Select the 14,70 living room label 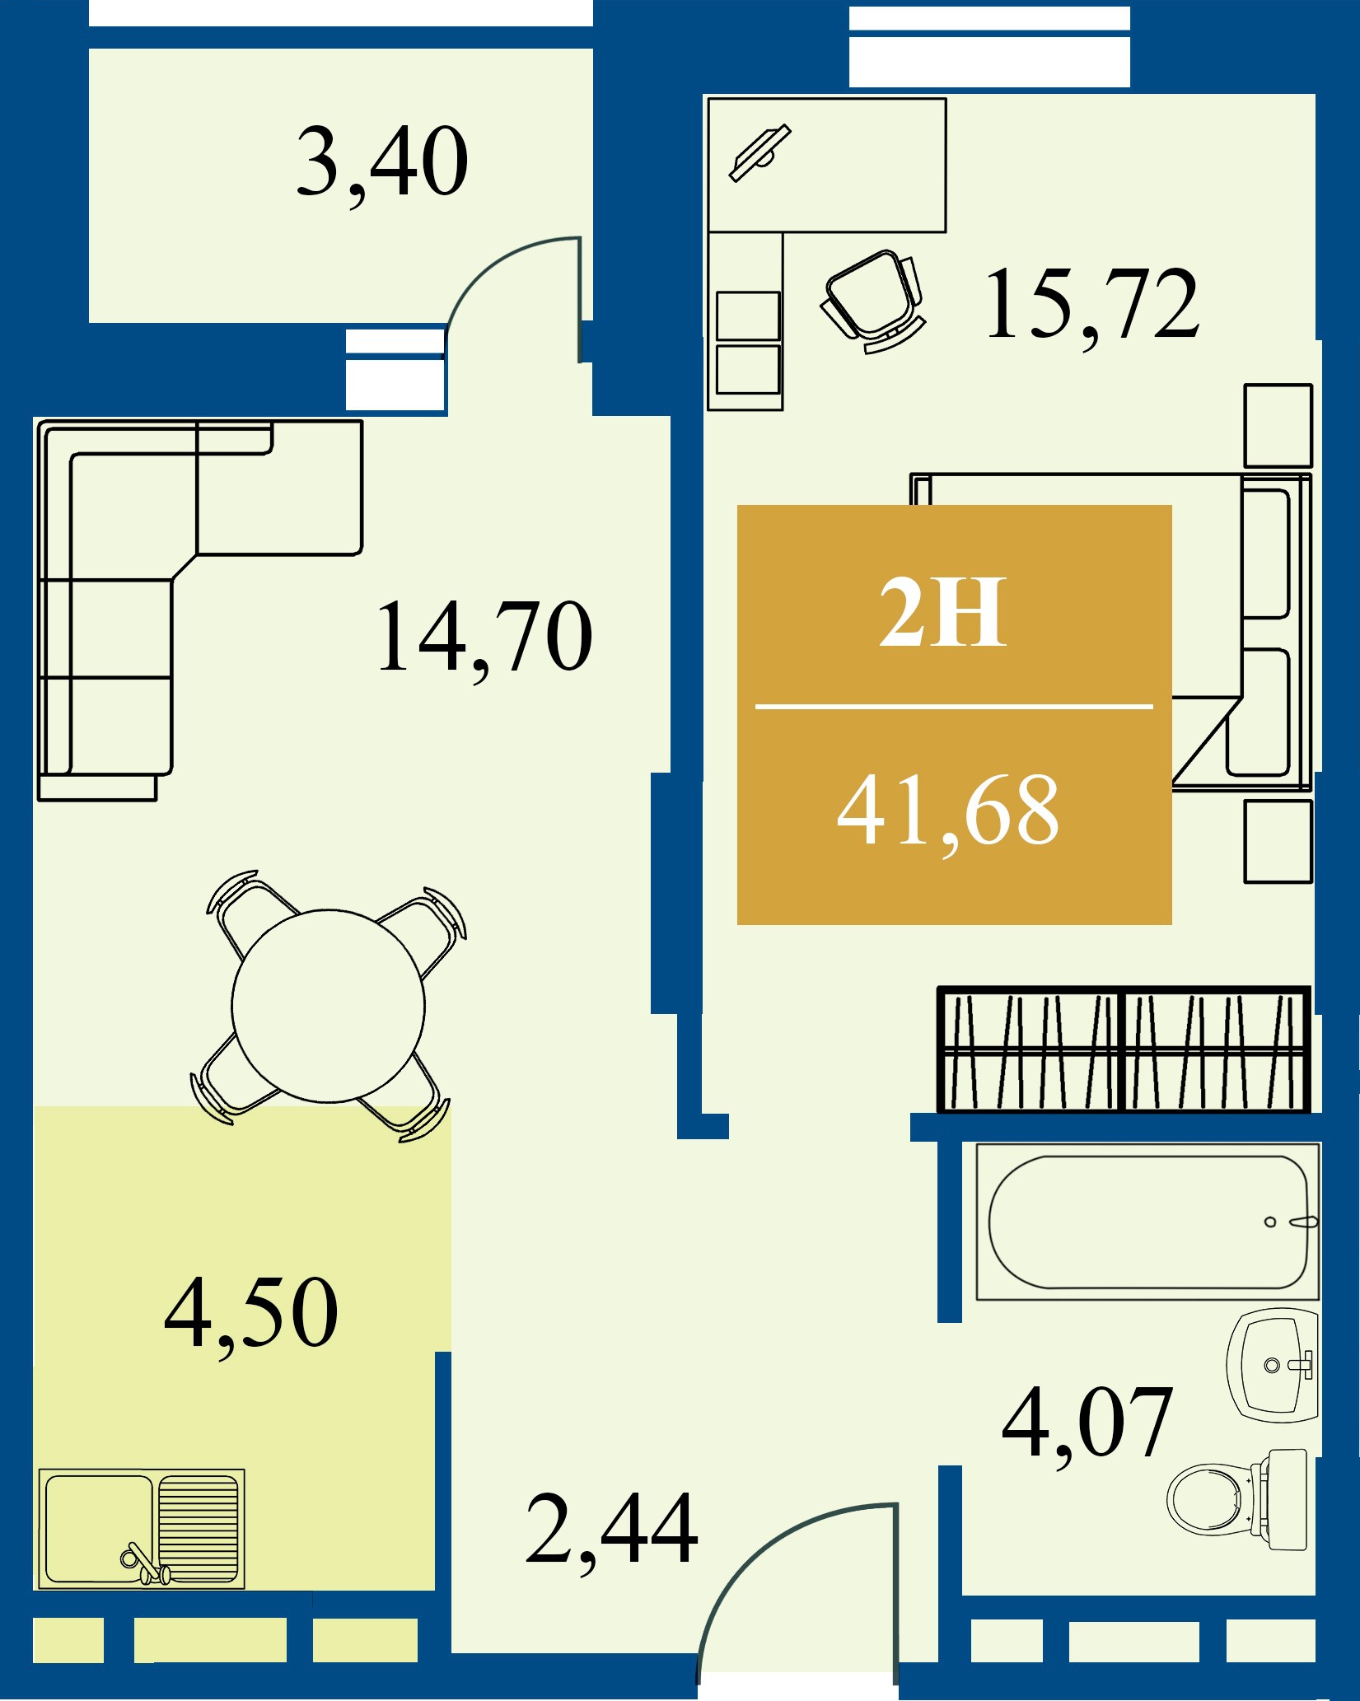click(484, 638)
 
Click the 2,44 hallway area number click(612, 1530)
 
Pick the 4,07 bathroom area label click(1087, 1423)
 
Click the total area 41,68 click(948, 812)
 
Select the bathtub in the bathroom click(1147, 1222)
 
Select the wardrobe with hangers click(1124, 1049)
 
